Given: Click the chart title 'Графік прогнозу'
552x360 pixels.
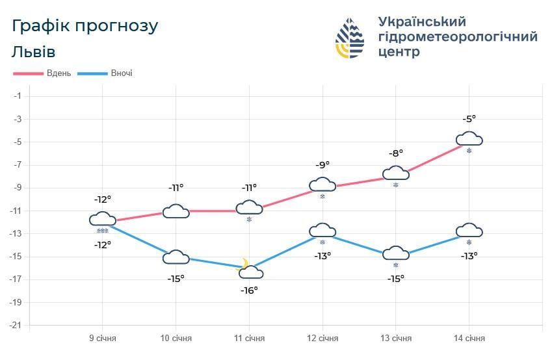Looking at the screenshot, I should pos(85,26).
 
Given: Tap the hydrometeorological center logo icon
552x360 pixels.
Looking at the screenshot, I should pos(349,38).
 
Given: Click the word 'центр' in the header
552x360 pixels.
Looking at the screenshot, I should pos(399,53).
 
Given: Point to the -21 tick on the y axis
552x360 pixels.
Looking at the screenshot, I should pos(16,325).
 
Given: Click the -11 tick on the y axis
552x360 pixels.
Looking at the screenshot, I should pos(16,211).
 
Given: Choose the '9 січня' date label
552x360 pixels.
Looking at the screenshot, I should pos(103,339).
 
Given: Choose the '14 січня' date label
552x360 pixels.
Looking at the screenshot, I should pos(469,339).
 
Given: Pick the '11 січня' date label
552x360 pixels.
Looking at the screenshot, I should pos(249,339).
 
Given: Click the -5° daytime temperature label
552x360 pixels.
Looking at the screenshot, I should pos(469,119).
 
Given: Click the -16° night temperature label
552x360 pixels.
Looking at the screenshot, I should pos(249,290).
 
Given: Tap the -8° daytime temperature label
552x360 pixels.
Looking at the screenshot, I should pos(395,153).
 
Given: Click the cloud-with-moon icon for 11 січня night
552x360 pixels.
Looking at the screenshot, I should pos(250,269).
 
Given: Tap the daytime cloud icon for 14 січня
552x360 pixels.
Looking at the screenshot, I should pos(469,139).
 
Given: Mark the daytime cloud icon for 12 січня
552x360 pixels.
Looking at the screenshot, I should pos(322,185).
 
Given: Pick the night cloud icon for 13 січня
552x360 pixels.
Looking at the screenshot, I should pos(395,253).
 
